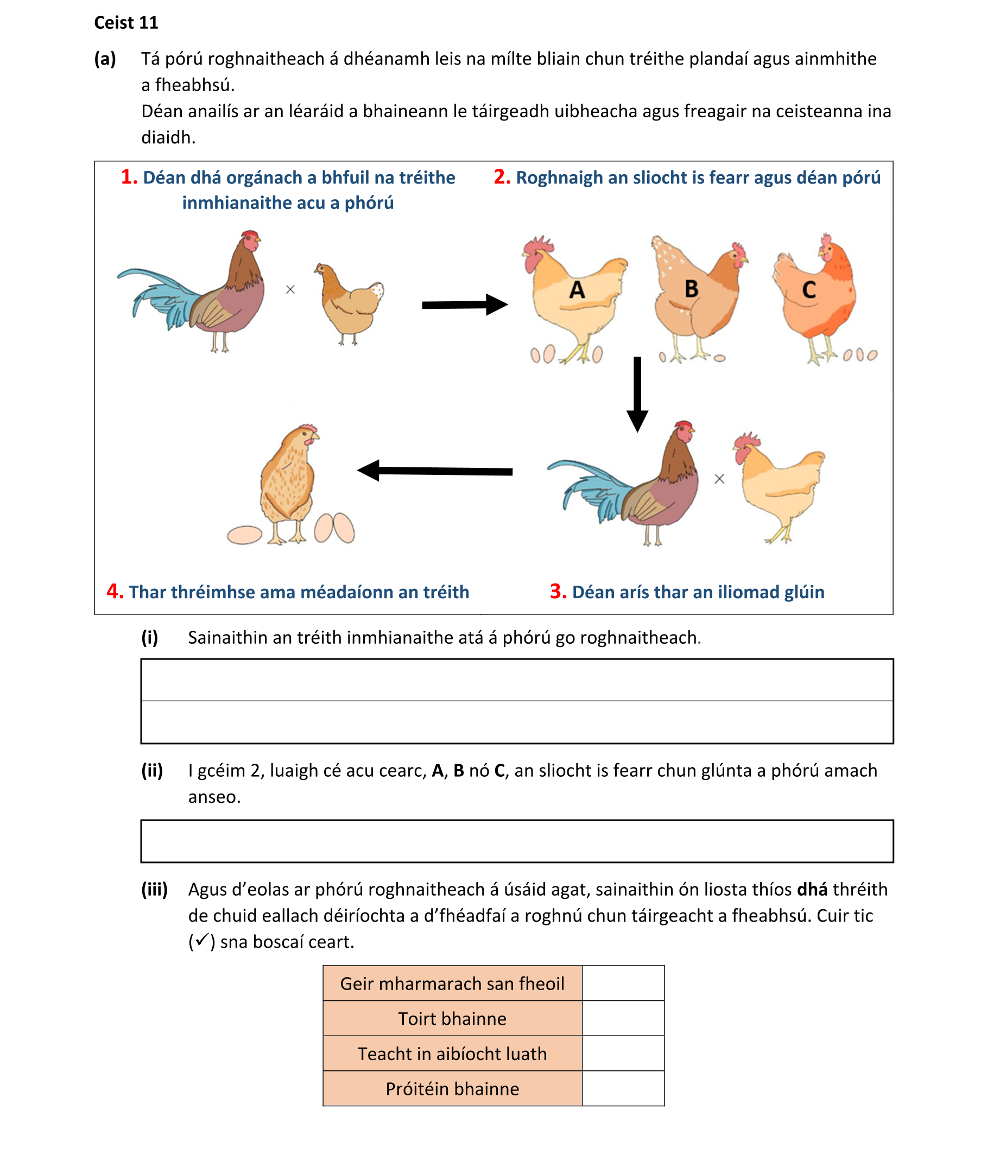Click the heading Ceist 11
(126, 22)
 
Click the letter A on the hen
(577, 290)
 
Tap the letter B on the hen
(692, 289)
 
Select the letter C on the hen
(808, 290)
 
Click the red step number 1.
(129, 177)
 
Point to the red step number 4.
(115, 591)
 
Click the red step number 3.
(558, 591)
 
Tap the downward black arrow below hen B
(637, 394)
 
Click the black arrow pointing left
(434, 471)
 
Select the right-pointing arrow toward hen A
(464, 305)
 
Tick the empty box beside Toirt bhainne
(623, 1018)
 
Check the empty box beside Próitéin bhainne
(623, 1088)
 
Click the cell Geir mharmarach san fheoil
(452, 983)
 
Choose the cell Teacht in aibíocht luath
(452, 1054)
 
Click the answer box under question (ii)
(516, 841)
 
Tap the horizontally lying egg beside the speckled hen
(244, 535)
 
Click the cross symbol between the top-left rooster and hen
(290, 289)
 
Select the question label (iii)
(154, 889)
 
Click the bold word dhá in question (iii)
(812, 889)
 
